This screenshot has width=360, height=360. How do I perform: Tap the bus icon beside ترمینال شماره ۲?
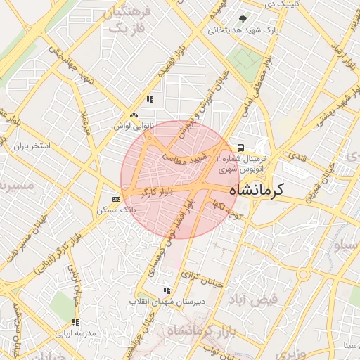pos(240,148)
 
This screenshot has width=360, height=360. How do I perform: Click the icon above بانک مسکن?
pos(116,199)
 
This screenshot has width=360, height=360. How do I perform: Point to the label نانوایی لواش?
pos(133,125)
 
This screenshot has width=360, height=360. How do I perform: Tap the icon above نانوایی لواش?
pos(134,114)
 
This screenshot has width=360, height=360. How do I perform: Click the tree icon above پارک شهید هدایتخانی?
pos(243,20)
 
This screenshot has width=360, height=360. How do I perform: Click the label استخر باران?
pos(32,146)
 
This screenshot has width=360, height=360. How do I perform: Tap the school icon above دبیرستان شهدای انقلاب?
pos(166,290)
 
